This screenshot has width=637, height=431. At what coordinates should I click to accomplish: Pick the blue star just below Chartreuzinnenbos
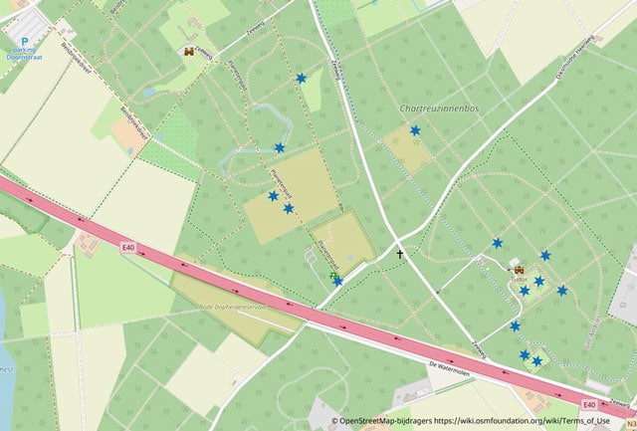[x=415, y=130]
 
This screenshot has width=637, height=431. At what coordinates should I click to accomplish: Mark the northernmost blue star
[x=301, y=78]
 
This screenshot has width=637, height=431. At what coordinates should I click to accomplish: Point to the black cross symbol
[x=401, y=255]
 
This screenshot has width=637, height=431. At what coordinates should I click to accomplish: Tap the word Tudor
[x=519, y=281]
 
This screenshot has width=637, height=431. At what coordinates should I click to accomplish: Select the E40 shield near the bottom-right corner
[x=589, y=404]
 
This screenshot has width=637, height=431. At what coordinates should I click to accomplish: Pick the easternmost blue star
[x=562, y=291]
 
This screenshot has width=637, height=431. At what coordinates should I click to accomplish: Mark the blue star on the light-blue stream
[x=279, y=147]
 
